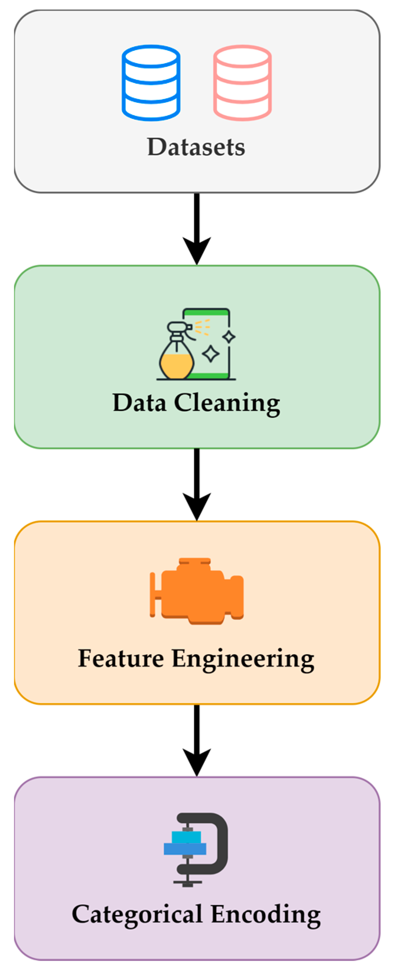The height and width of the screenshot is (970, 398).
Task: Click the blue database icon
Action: tap(151, 83)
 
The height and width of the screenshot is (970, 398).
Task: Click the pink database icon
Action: tap(242, 83)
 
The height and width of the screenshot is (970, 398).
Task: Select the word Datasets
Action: tap(196, 147)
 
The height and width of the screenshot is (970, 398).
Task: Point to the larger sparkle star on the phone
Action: tap(210, 354)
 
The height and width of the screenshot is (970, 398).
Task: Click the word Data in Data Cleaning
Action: tap(140, 403)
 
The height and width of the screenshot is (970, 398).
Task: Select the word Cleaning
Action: tap(227, 404)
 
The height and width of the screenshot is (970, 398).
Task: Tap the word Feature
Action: tap(121, 658)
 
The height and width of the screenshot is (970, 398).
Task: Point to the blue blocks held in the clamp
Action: tap(186, 843)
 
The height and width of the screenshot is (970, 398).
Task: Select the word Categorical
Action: tap(137, 915)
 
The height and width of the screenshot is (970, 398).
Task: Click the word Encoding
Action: tap(266, 915)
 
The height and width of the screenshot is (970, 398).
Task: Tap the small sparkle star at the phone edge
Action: tap(229, 337)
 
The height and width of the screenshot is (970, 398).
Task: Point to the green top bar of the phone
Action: tap(207, 313)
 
